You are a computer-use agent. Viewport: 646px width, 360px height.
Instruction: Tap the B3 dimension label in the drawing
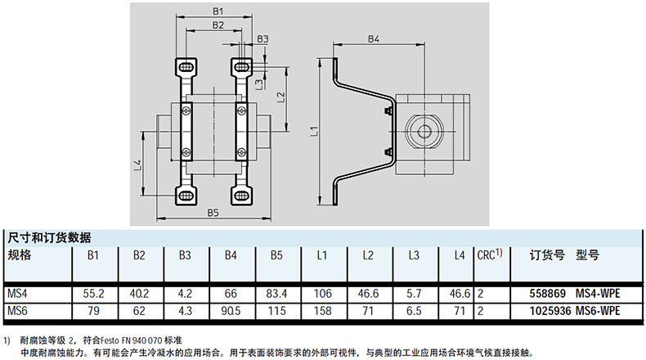pos(262,38)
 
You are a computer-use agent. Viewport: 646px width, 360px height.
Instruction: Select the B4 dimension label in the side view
pos(373,38)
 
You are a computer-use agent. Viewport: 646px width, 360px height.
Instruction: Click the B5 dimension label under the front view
pos(213,213)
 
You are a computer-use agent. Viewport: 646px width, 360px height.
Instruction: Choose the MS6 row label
pos(18,310)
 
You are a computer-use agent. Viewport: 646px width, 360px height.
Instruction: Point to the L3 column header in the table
pos(414,256)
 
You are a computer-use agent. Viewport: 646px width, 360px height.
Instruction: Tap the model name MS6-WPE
pos(598,310)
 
